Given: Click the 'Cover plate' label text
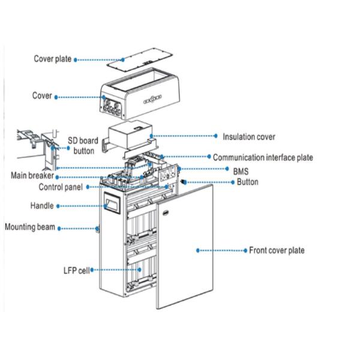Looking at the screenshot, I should click(x=52, y=59).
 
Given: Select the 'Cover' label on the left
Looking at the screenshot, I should click(x=41, y=96).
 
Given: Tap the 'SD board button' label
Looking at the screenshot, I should click(x=83, y=145).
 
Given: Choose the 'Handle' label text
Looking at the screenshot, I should click(x=42, y=206).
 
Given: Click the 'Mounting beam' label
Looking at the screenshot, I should click(x=30, y=227).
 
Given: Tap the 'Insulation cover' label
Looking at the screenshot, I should click(x=249, y=137).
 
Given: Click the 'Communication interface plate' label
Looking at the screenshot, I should click(x=263, y=158).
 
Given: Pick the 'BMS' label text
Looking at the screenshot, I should click(x=241, y=170).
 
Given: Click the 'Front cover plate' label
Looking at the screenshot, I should click(x=277, y=250).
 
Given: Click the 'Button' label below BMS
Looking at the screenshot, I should click(x=247, y=182).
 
